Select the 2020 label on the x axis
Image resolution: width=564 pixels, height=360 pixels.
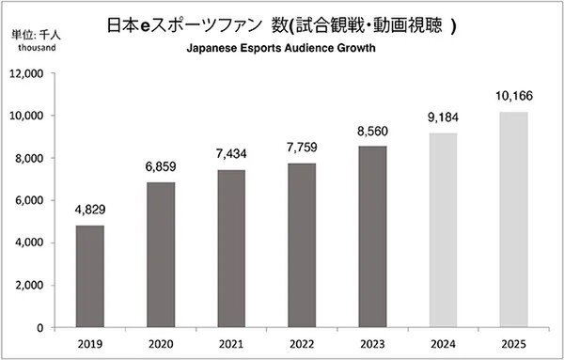point(162,344)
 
